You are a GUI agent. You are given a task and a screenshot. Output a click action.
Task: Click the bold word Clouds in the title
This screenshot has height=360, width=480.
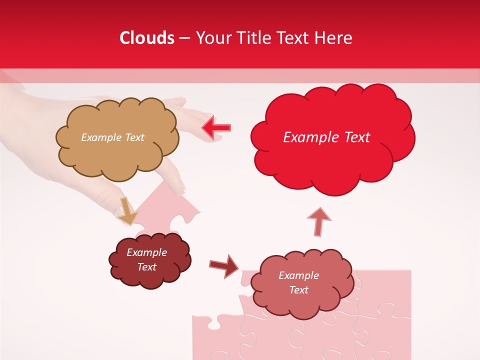coord(147,38)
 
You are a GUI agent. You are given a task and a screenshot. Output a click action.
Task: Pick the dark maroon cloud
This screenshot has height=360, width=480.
coord(149,260)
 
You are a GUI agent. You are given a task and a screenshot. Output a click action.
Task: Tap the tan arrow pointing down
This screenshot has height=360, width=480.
coord(126,211)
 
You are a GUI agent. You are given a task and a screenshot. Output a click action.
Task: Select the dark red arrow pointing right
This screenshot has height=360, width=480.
coord(224,265)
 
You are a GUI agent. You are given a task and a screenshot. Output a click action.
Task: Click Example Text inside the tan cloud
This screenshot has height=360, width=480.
coord(112,137)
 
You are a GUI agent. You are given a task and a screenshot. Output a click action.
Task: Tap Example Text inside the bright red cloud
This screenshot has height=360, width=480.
coord(326,137)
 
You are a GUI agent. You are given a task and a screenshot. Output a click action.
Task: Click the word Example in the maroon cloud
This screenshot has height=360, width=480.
coord(146,252)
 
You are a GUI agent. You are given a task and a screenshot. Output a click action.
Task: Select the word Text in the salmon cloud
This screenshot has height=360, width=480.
coord(298,290)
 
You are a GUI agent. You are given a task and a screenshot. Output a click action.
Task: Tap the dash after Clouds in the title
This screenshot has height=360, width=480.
coord(185,38)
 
